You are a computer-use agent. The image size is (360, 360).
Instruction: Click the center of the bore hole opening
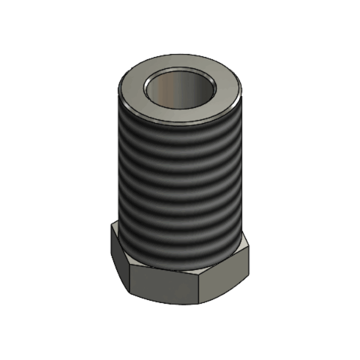180,89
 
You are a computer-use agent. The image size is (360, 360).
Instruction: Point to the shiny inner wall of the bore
174,87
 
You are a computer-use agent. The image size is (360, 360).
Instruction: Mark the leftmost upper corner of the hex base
112,225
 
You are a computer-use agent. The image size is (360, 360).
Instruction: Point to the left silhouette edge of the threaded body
118,168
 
